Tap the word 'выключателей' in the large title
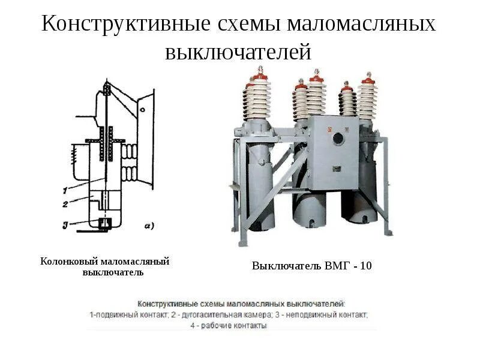238,52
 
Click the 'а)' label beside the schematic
149,226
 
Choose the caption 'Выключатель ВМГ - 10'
311,265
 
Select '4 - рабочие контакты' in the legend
228,326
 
